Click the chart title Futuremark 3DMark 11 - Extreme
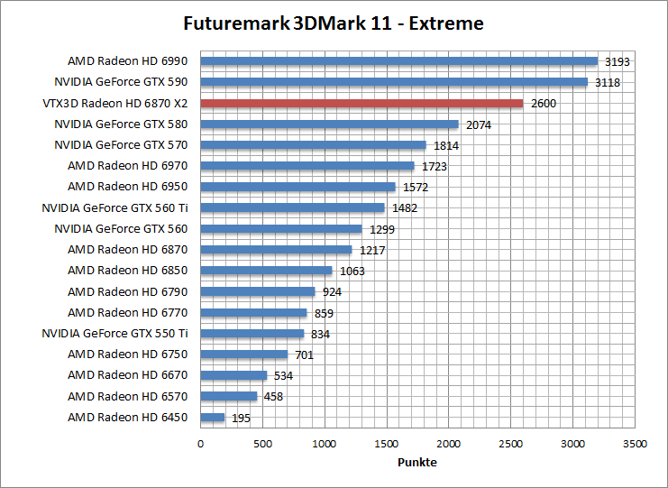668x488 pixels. pos(333,23)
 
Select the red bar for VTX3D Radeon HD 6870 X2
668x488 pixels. pos(361,103)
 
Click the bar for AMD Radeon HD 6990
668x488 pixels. pos(398,61)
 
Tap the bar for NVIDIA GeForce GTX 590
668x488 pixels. pos(393,82)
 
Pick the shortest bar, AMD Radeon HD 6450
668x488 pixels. pos(212,417)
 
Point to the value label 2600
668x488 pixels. pos(544,104)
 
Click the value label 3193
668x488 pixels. pos(617,62)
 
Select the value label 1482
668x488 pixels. pos(405,208)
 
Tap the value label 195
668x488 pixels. pos(241,418)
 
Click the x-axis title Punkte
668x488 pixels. pos(417,462)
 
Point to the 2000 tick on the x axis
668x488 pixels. pos(449,444)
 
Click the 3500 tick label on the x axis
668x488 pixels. pos(635,444)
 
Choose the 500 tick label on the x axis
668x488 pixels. pos(262,444)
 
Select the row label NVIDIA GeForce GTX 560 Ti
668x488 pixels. pos(121,207)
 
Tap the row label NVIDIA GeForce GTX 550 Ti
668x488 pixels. pos(121,333)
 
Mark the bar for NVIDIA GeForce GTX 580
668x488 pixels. pos(329,124)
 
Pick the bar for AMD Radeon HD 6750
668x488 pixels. pos(243,354)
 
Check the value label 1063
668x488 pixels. pos(352,271)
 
